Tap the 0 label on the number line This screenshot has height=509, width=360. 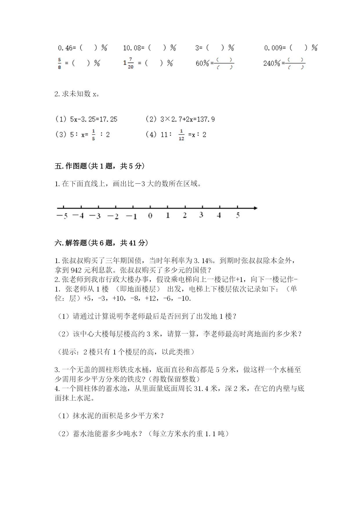[x=150, y=215]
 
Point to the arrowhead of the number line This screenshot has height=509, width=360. [x=255, y=208]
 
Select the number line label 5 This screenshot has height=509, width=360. [x=238, y=215]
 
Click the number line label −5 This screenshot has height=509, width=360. [x=62, y=216]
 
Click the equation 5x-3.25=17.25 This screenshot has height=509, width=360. [x=93, y=119]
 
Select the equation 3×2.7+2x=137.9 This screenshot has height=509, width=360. [x=187, y=119]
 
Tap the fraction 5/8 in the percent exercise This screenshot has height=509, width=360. [x=59, y=63]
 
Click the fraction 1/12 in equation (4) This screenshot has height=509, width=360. [x=181, y=135]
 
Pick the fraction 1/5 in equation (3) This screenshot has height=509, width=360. [x=93, y=135]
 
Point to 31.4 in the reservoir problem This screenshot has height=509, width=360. [x=201, y=388]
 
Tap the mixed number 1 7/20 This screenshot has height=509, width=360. [x=129, y=63]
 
